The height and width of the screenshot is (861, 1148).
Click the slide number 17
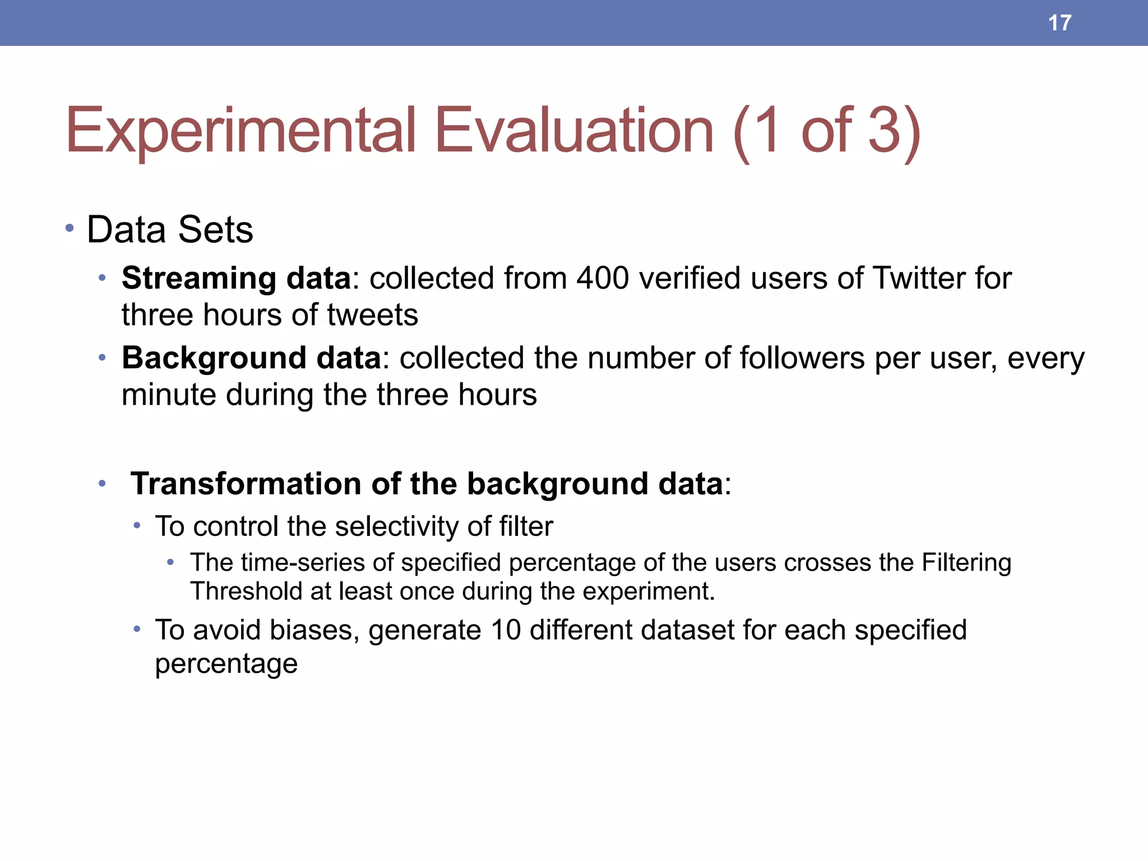click(1059, 23)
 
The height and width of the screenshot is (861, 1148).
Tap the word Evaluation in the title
click(574, 131)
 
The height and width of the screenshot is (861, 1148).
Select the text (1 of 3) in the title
click(827, 131)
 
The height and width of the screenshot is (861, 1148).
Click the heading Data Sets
click(170, 230)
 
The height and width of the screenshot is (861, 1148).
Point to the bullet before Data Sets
click(70, 228)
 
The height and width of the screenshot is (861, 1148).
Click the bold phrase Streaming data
click(236, 278)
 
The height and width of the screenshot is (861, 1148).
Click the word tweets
click(373, 314)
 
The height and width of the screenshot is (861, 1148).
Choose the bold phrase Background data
click(251, 358)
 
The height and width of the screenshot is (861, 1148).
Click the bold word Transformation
click(246, 483)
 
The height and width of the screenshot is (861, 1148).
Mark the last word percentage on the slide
click(226, 664)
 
